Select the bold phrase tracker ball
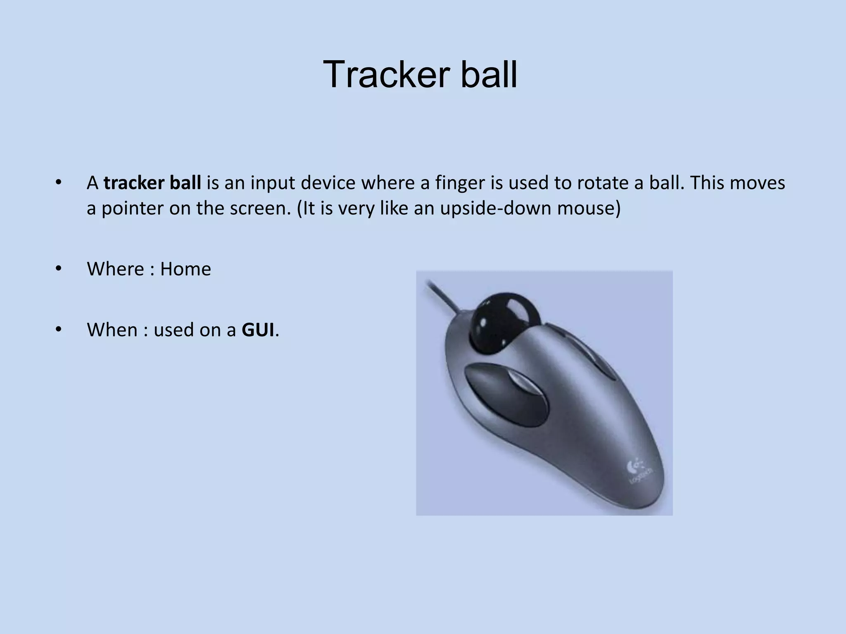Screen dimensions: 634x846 point(152,183)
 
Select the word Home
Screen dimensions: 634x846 point(185,269)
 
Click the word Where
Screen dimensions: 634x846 point(115,269)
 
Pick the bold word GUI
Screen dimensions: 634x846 point(258,330)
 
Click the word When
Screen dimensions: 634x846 point(112,330)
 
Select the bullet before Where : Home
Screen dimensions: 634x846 point(58,269)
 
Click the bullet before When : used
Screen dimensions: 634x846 point(58,330)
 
